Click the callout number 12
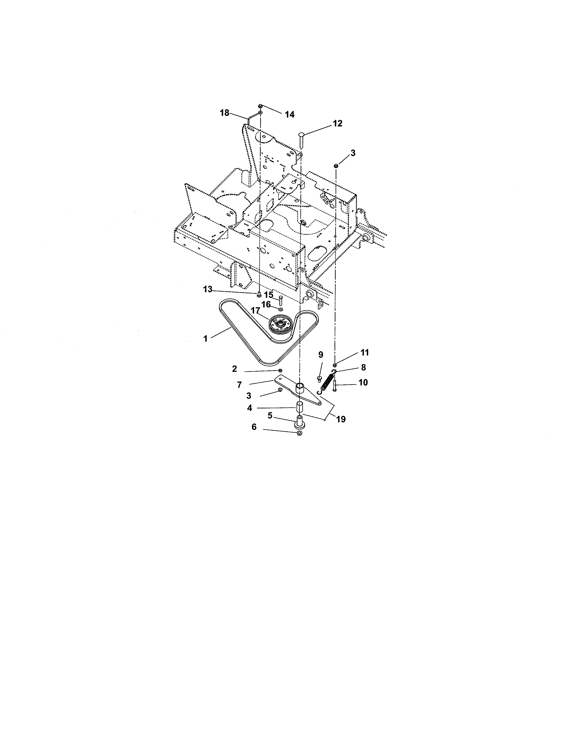[337, 123]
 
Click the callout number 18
[225, 113]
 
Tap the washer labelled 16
[281, 309]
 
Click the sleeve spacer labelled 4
[300, 407]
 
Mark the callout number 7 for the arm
[239, 385]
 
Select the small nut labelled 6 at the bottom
[300, 433]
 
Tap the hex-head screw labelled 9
[319, 378]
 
